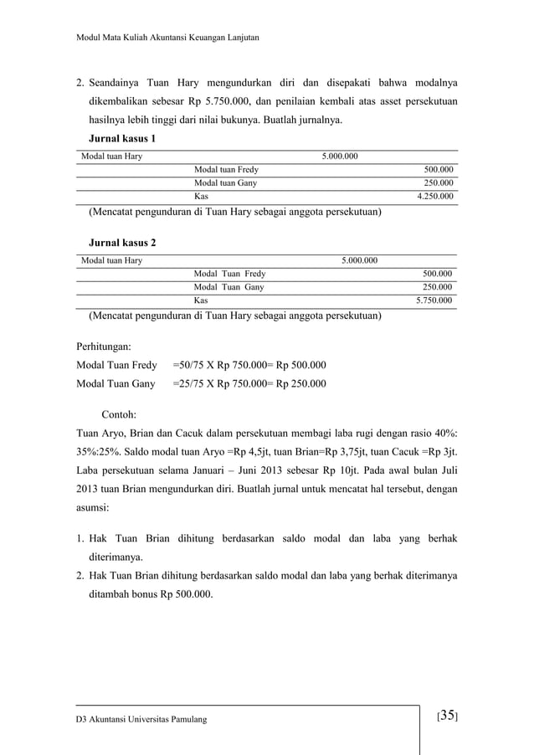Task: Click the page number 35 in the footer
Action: (448, 716)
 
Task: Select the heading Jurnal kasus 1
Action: (122, 138)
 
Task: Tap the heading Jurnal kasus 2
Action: (122, 243)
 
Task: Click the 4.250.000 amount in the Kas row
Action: (434, 197)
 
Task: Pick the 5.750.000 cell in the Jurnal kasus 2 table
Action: (434, 300)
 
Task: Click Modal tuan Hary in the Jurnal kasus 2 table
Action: (111, 260)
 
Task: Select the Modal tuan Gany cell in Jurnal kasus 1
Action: (225, 183)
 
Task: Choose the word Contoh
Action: (120, 414)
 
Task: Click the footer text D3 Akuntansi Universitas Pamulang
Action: (141, 720)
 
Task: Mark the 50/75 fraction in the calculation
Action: (189, 365)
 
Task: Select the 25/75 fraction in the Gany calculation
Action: (189, 384)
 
